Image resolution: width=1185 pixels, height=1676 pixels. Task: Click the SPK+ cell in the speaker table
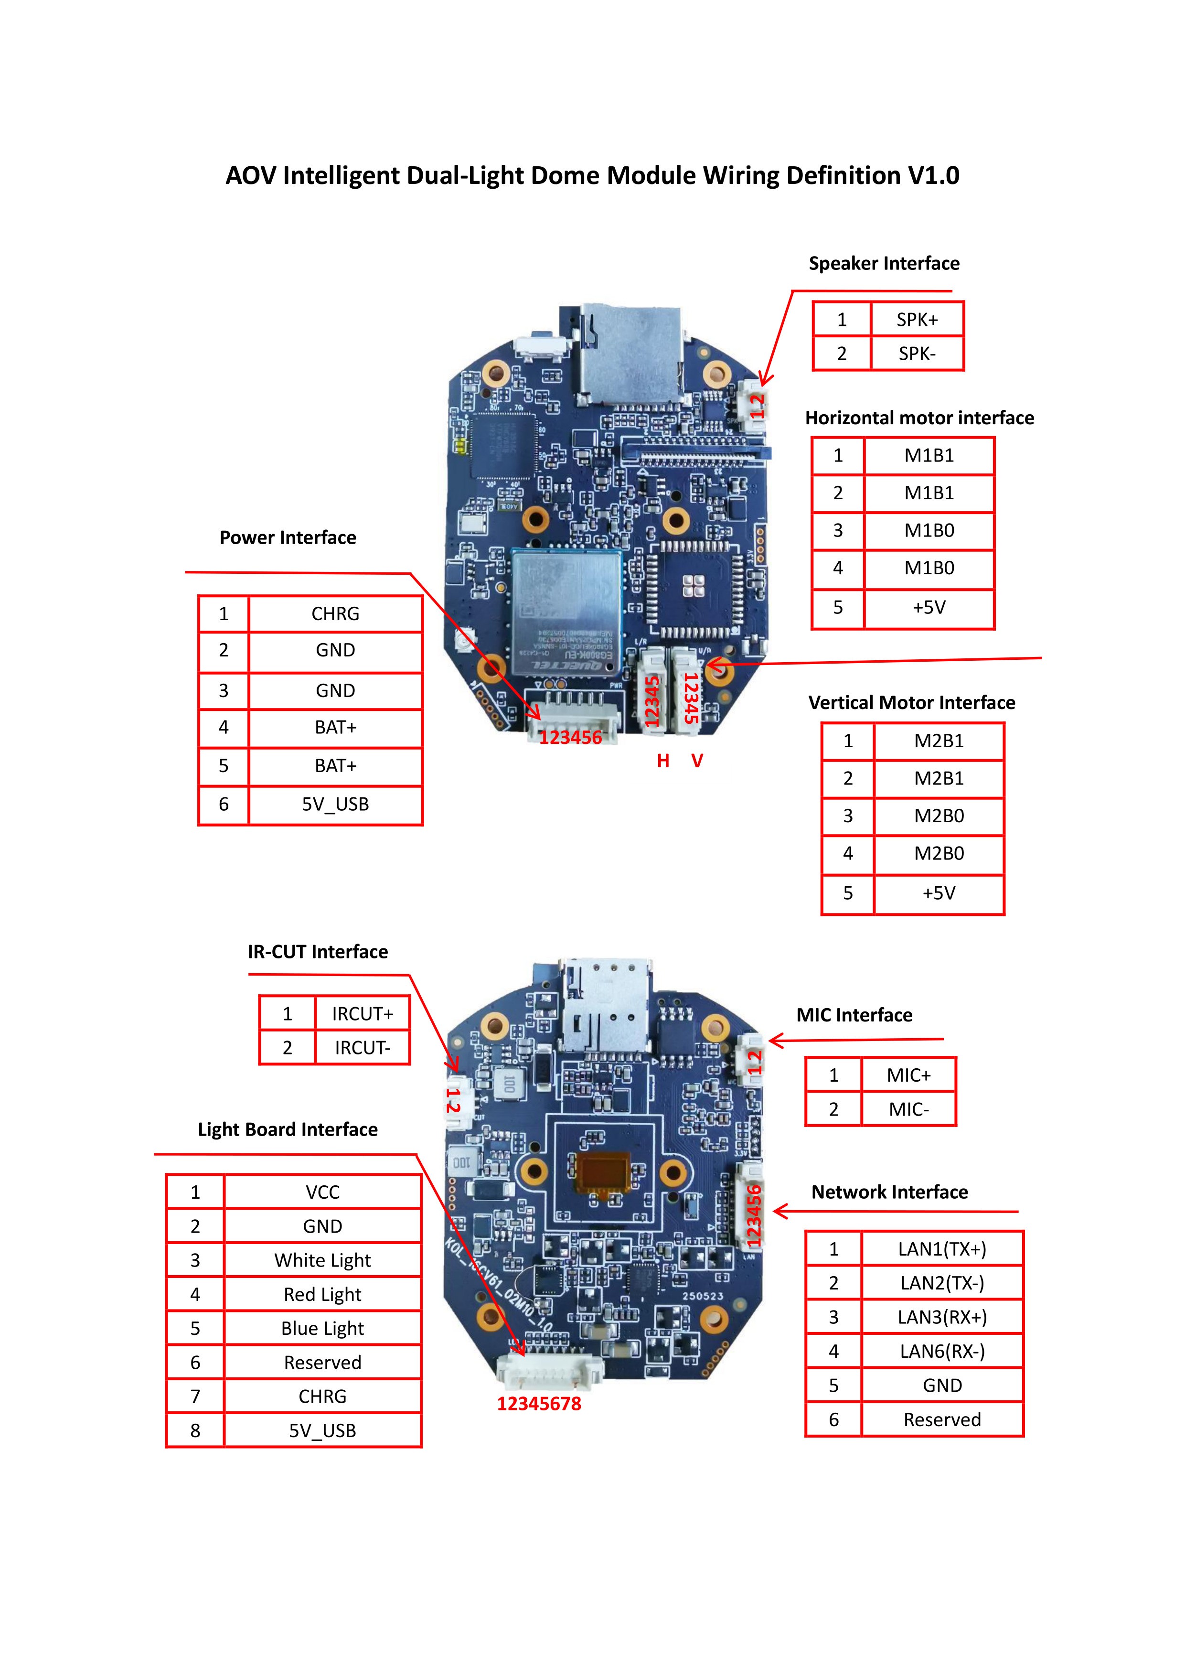[x=917, y=320]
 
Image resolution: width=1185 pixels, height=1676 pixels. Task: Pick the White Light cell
[x=322, y=1261]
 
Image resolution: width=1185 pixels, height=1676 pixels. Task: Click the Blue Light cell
[x=322, y=1329]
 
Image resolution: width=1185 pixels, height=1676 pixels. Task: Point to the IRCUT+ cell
[x=362, y=1014]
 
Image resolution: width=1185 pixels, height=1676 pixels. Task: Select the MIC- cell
[x=908, y=1109]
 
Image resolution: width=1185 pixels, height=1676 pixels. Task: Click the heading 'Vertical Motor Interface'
[x=911, y=702]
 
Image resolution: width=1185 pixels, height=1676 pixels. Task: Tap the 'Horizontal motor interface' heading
[x=919, y=418]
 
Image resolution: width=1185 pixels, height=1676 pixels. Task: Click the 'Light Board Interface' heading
[x=288, y=1129]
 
